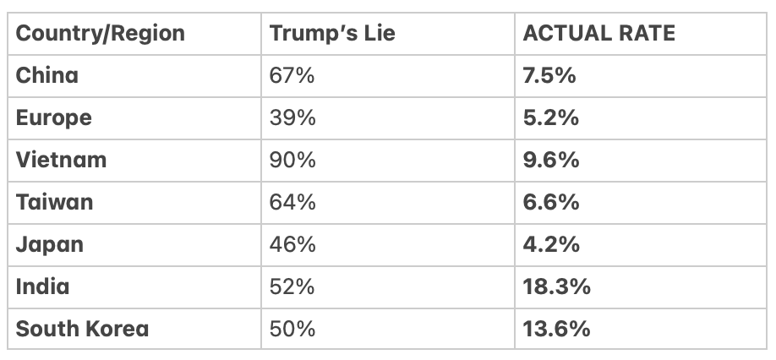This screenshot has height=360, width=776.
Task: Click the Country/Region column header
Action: (x=100, y=34)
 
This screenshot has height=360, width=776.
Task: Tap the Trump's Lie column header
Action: (x=332, y=34)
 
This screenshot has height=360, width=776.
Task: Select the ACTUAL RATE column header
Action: (x=598, y=34)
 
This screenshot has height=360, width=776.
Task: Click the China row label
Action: (x=46, y=75)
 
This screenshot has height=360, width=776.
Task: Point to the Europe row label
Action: (x=53, y=117)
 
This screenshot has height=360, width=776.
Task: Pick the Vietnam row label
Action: (x=61, y=160)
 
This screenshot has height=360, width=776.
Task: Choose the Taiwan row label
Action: (x=54, y=202)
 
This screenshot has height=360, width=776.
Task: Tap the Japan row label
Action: (x=50, y=244)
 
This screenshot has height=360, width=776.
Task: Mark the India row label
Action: (x=42, y=286)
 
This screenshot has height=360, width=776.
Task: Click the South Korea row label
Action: (x=82, y=329)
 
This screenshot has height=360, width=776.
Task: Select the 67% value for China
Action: (x=292, y=75)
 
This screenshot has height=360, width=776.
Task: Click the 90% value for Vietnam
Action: (x=292, y=160)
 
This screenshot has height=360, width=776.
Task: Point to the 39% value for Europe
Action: (x=292, y=117)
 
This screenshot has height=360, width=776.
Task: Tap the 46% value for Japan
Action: (x=292, y=244)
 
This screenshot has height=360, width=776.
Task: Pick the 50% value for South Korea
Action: (x=292, y=329)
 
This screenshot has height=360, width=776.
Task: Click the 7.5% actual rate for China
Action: (x=550, y=75)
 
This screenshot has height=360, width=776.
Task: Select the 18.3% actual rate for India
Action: (x=556, y=286)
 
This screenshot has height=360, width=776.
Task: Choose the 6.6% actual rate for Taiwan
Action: (x=551, y=202)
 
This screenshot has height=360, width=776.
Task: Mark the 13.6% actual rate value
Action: (x=556, y=329)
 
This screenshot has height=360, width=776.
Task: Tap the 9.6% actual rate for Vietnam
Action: (x=551, y=160)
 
